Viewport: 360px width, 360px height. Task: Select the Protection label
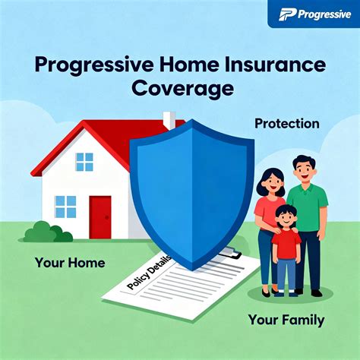[x=286, y=124]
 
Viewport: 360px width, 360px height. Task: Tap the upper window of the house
[x=84, y=162]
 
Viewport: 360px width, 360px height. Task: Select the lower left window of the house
[x=66, y=207]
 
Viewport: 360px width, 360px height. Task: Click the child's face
[x=286, y=218]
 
